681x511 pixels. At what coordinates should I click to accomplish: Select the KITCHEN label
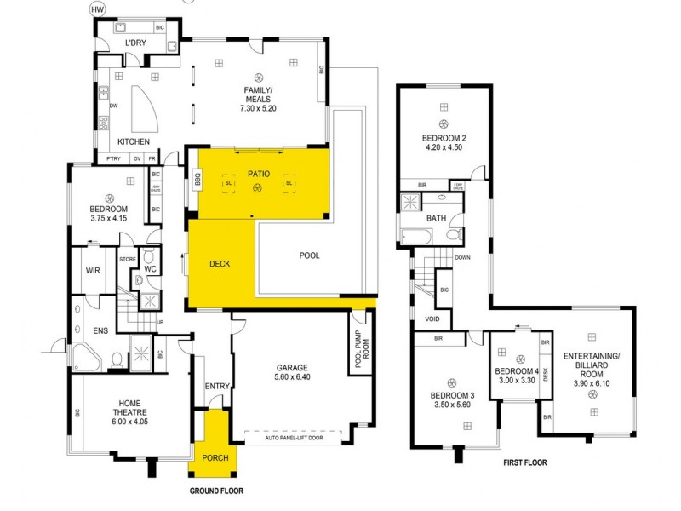tap(134, 141)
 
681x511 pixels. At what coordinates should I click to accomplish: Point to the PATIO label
tap(258, 174)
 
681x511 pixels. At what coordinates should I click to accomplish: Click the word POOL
tap(309, 255)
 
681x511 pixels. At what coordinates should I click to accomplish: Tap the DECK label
tap(220, 264)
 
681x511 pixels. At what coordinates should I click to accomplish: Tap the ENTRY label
tap(217, 387)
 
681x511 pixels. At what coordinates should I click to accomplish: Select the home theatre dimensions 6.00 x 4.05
tap(129, 420)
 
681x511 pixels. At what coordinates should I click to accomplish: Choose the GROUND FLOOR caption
tap(215, 491)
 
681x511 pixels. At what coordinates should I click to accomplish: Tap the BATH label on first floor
tap(437, 218)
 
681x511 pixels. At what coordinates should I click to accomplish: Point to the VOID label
tap(432, 319)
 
